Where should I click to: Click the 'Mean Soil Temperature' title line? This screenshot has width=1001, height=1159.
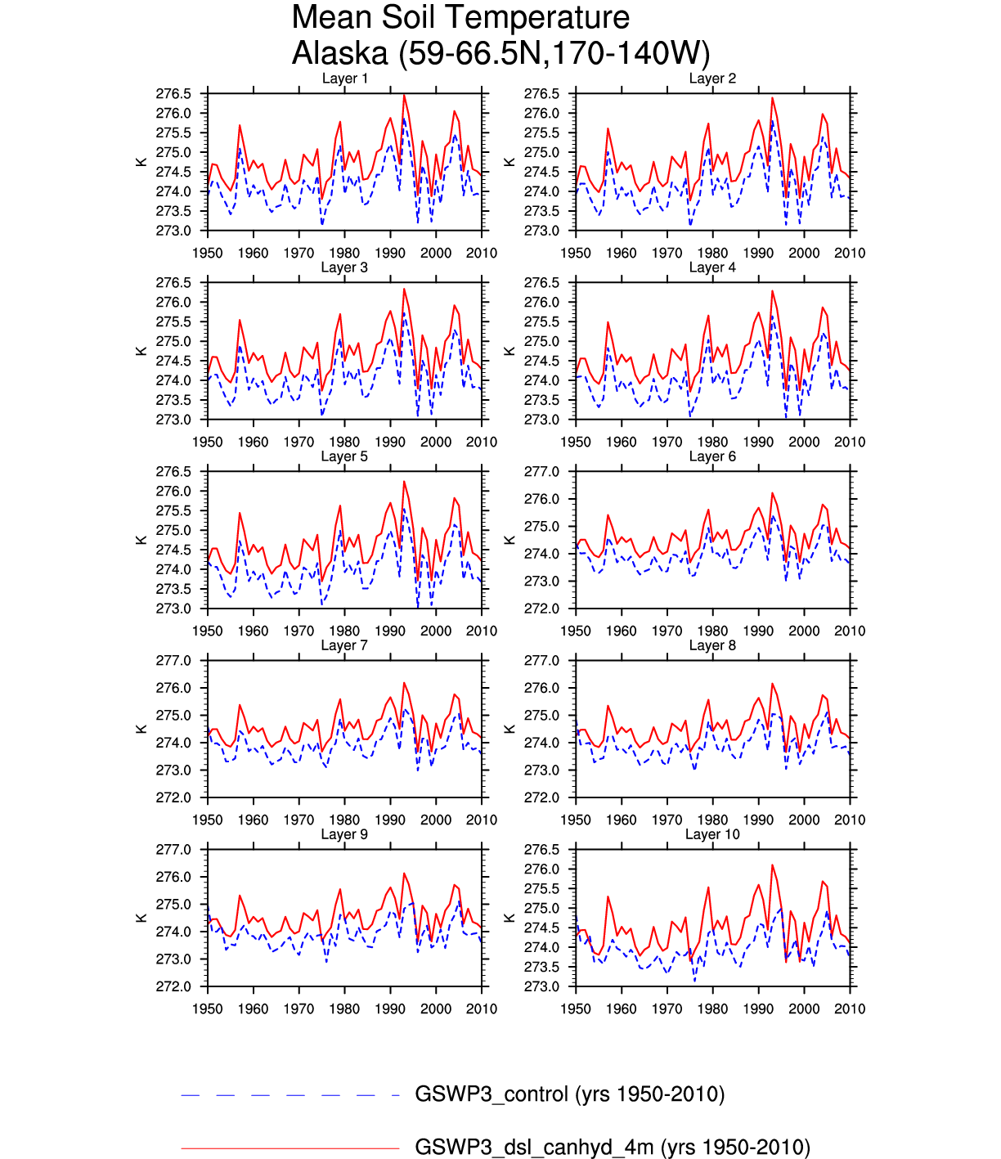pyautogui.click(x=460, y=18)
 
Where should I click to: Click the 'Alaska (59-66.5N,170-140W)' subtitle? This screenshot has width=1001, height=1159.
pyautogui.click(x=500, y=54)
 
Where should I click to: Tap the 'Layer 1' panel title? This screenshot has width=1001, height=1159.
pyautogui.click(x=344, y=79)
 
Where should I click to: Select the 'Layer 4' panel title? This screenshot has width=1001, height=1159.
pyautogui.click(x=712, y=267)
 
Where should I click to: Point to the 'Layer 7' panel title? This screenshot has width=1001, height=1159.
pyautogui.click(x=344, y=645)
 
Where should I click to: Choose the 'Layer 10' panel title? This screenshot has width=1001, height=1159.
pyautogui.click(x=712, y=834)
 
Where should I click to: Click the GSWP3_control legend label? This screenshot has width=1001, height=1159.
pyautogui.click(x=570, y=1094)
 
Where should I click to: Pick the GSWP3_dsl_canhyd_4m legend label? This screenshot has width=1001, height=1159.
pyautogui.click(x=613, y=1147)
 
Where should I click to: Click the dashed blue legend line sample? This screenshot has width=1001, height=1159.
pyautogui.click(x=290, y=1095)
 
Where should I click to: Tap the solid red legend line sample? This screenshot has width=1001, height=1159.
pyautogui.click(x=290, y=1148)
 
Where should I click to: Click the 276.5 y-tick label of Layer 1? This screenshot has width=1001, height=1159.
pyautogui.click(x=173, y=94)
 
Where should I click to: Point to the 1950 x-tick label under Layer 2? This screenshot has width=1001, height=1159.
pyautogui.click(x=576, y=253)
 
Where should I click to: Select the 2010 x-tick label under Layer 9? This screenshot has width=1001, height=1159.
pyautogui.click(x=482, y=1009)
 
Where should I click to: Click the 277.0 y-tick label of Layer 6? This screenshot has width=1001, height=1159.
pyautogui.click(x=541, y=472)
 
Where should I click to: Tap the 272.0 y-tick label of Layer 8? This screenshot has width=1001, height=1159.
pyautogui.click(x=541, y=797)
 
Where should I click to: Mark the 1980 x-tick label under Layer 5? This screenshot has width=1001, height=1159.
pyautogui.click(x=344, y=631)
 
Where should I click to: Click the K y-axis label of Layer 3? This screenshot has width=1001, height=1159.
pyautogui.click(x=141, y=351)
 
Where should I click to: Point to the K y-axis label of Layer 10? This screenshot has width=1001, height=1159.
pyautogui.click(x=509, y=918)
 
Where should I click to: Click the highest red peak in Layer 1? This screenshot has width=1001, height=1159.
pyautogui.click(x=404, y=96)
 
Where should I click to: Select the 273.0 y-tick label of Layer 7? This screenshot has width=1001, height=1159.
pyautogui.click(x=173, y=770)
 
